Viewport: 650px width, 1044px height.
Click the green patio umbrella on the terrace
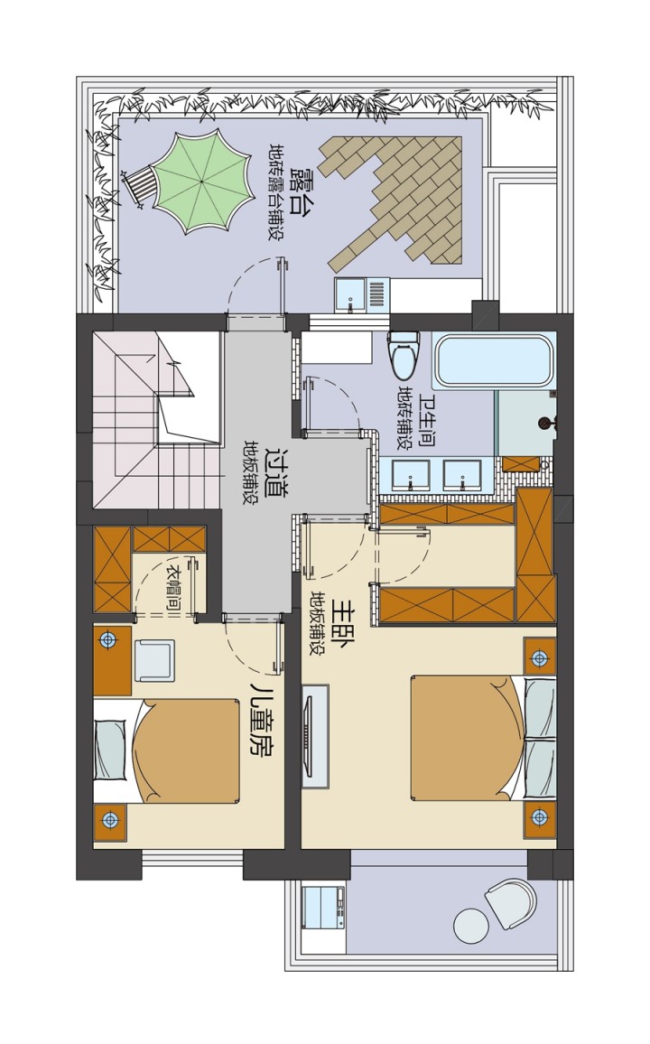coord(204,182)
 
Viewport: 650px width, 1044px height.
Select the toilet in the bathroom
coord(404,354)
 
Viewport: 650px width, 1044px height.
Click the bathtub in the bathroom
coord(492,360)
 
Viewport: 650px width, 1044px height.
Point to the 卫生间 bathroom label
coord(427,420)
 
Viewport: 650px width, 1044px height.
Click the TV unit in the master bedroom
coord(315,735)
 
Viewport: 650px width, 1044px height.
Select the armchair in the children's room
coord(154,660)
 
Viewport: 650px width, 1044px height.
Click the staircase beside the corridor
coord(156,419)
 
